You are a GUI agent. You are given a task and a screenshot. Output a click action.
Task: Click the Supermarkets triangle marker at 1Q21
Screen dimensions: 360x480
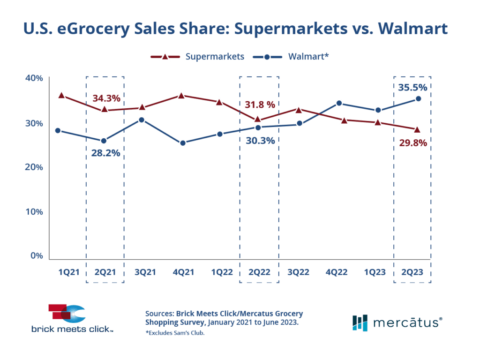coord(61,95)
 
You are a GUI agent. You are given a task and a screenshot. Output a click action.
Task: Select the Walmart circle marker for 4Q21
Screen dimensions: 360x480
coord(183,143)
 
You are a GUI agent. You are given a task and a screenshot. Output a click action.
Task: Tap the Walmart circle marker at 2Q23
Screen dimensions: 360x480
coord(419,99)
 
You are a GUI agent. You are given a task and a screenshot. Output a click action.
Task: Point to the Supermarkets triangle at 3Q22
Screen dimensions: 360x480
coord(298,110)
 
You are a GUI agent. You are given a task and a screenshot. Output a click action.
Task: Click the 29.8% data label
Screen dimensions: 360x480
coord(413,143)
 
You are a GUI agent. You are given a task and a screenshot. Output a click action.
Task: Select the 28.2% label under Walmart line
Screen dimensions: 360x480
coord(105,153)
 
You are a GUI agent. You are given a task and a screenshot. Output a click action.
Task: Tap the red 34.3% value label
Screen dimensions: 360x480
coord(106,98)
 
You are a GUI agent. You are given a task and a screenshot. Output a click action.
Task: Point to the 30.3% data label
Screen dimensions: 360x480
coord(259,140)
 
